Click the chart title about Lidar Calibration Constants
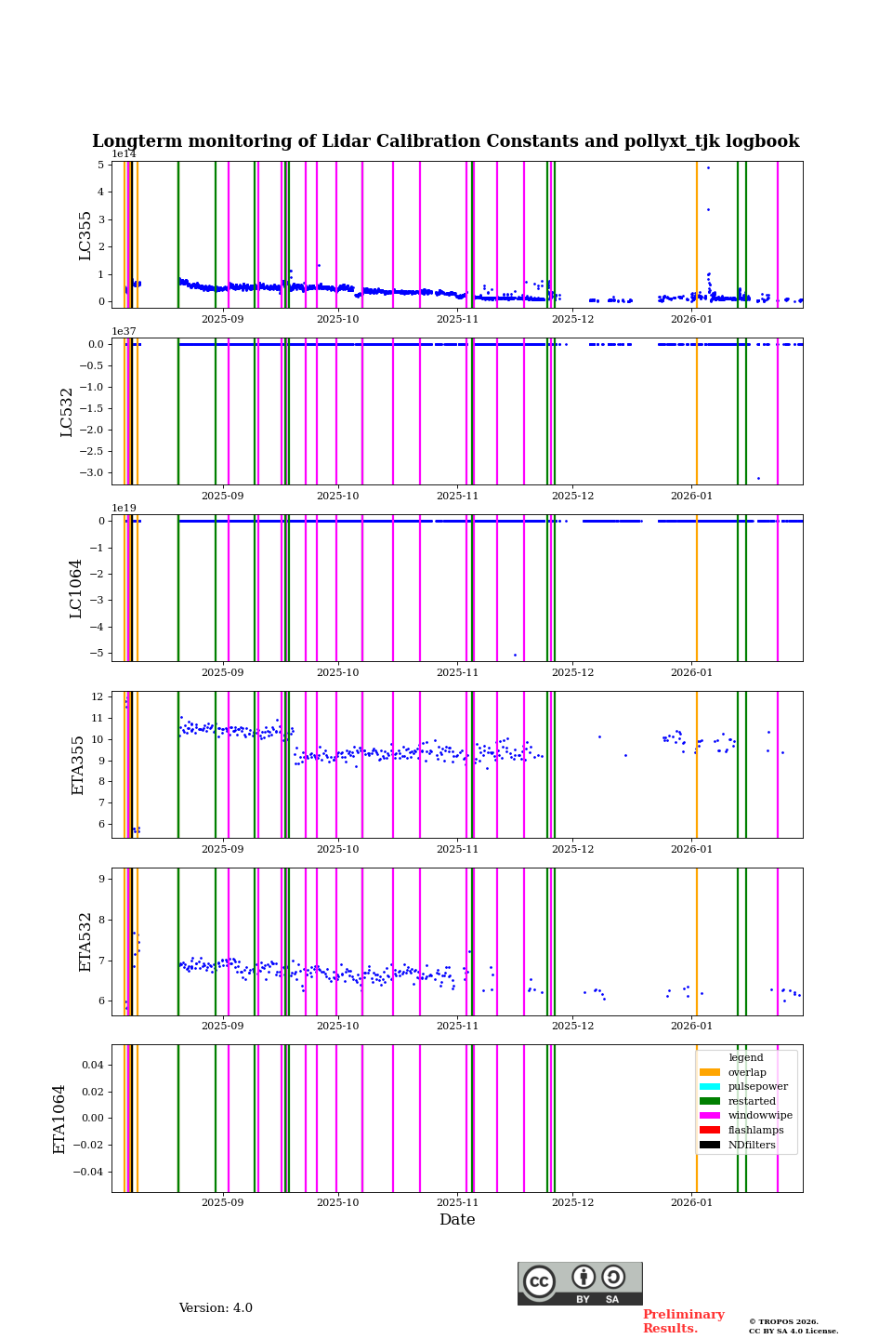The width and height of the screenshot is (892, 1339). (445, 141)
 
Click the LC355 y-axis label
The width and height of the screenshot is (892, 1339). (85, 235)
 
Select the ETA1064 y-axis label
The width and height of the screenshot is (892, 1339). (59, 1119)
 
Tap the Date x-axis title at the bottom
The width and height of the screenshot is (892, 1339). (457, 1220)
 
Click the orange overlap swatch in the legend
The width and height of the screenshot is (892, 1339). (710, 1072)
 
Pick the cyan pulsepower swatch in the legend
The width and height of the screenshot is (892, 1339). (710, 1086)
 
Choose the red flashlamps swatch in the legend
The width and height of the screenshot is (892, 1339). (710, 1130)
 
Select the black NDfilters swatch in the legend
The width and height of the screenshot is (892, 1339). (710, 1145)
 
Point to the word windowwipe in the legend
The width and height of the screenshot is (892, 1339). (760, 1116)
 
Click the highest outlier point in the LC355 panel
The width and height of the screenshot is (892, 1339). (708, 167)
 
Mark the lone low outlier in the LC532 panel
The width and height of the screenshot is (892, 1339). (758, 478)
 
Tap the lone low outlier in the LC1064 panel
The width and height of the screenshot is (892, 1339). (515, 655)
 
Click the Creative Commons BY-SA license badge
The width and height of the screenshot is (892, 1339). (580, 1283)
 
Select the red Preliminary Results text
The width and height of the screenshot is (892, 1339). (683, 1321)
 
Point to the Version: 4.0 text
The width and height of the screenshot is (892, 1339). (216, 1308)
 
